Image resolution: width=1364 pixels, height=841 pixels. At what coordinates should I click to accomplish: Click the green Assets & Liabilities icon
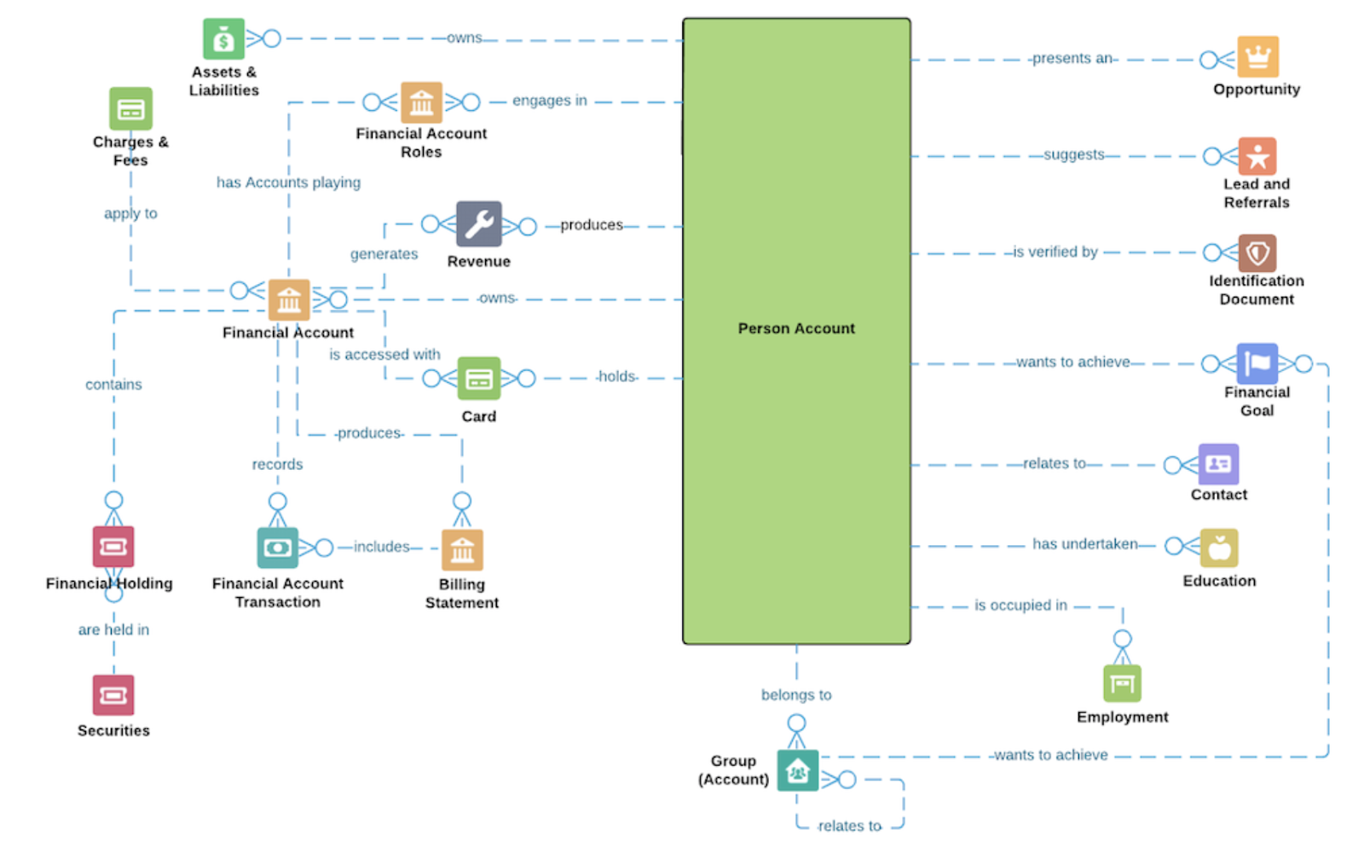pos(223,39)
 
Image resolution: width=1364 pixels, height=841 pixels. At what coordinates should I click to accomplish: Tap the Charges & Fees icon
pos(130,108)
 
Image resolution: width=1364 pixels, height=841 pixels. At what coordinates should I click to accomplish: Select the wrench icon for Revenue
pos(478,223)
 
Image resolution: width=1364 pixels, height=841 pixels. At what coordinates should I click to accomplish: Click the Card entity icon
pos(478,378)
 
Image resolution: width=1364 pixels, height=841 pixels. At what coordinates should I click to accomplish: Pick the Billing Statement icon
pos(462,549)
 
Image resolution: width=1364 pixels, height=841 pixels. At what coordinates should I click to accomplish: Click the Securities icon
pos(113,694)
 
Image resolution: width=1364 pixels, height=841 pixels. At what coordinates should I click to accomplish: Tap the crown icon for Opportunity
pos(1257,57)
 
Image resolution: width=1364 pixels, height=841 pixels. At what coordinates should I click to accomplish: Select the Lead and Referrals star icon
pos(1257,157)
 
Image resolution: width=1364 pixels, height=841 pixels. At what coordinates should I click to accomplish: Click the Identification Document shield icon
pos(1257,253)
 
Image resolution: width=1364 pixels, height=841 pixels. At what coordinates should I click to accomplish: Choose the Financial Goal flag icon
pos(1257,364)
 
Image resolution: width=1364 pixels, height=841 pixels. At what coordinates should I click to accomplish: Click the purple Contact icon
pos(1218,464)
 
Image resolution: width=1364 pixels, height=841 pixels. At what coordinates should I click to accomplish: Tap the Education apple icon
pos(1218,548)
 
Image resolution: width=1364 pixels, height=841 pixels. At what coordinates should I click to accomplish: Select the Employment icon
pos(1122,683)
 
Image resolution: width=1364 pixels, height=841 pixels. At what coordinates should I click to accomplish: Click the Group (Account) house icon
pos(797,770)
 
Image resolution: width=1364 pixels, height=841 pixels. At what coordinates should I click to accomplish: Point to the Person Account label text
pos(796,328)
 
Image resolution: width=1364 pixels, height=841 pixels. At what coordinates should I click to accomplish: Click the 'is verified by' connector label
pos(1055,252)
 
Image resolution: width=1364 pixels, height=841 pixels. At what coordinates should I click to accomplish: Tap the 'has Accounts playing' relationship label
pos(288,183)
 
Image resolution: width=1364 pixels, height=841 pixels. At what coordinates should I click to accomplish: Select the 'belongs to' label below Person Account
pos(796,695)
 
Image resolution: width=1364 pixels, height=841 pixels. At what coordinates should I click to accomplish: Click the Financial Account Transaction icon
pos(277,548)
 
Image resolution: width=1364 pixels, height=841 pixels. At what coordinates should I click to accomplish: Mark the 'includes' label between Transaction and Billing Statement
pos(381,547)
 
